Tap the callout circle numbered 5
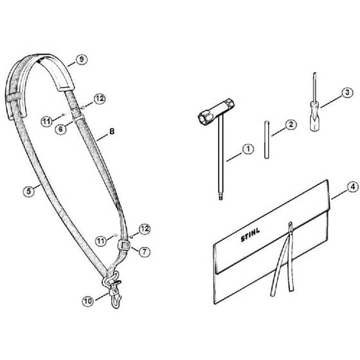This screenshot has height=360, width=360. pos(29,192)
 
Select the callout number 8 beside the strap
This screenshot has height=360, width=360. pos(112,132)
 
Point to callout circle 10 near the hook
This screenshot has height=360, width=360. pos(88,301)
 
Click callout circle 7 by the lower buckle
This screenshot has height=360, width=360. pos(144,251)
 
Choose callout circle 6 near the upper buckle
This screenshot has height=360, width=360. pos(60,129)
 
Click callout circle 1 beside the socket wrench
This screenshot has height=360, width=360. pos(248,149)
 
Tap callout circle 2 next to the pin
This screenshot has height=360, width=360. pos(291,125)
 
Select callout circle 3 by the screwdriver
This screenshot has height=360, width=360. pos(347,93)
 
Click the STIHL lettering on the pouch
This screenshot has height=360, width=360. pos(250,235)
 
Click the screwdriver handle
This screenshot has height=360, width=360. pos(315,116)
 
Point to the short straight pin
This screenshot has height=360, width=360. pos(266,139)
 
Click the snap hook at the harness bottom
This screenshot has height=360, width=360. pos(114,291)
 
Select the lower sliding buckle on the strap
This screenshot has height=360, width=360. pos(124,246)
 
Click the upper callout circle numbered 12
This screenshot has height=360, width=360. pos(100,99)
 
